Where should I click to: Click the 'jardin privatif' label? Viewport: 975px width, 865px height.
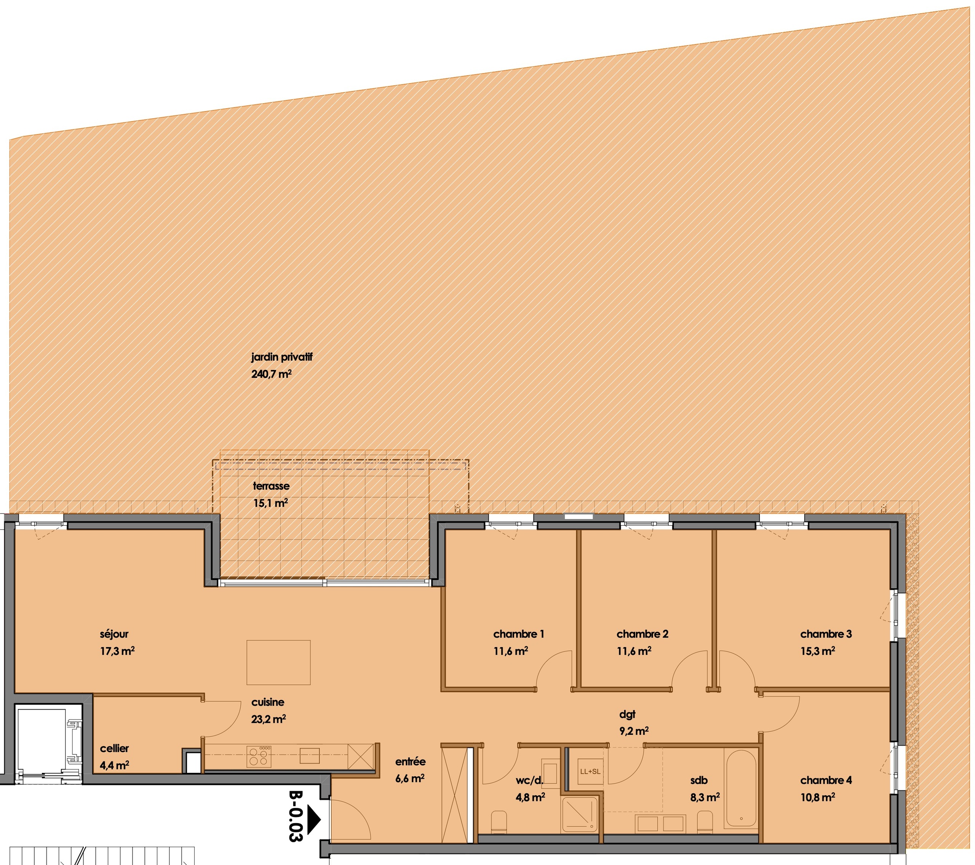tap(281, 357)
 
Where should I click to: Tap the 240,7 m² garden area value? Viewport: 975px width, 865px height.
tap(271, 374)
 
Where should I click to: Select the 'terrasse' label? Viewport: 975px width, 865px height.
tap(271, 486)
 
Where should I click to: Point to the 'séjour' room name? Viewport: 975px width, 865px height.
tap(114, 634)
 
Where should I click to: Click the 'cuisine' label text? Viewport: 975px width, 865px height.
tap(268, 702)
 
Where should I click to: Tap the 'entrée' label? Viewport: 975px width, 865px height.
tap(410, 762)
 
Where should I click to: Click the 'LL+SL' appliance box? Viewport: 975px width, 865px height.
tap(590, 771)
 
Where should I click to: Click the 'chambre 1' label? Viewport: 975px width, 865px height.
tap(518, 634)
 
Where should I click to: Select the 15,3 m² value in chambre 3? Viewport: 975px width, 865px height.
tap(818, 651)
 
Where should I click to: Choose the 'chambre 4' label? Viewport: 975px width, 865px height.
tap(826, 780)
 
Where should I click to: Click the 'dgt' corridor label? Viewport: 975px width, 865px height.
tap(627, 714)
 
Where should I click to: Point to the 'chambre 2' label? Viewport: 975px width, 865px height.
tap(642, 634)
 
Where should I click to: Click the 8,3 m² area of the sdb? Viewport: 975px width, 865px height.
tap(705, 797)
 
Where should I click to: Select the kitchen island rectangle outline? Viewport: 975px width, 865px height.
tap(278, 663)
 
